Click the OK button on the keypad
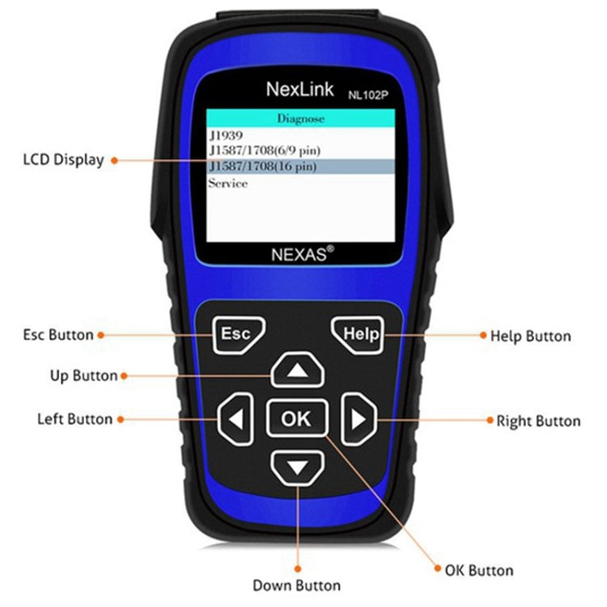click(x=295, y=418)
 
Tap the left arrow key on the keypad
click(x=235, y=419)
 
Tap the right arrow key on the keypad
click(x=358, y=419)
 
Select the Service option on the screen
click(x=228, y=183)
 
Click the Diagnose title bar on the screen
click(x=300, y=118)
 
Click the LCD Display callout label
click(x=63, y=159)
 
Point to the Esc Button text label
click(x=58, y=334)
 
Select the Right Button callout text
click(x=537, y=421)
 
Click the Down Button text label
click(x=296, y=585)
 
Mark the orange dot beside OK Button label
click(x=438, y=569)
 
